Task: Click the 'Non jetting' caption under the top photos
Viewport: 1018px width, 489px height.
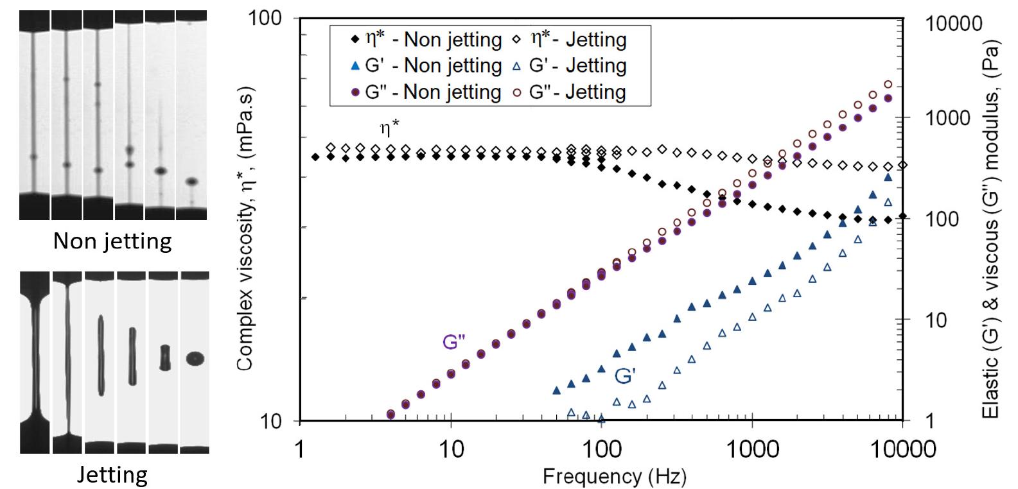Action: (112, 241)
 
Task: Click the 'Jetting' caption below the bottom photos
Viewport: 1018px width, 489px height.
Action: (112, 475)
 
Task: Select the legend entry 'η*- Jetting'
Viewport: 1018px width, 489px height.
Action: (578, 39)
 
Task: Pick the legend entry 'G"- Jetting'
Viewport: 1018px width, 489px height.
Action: (577, 92)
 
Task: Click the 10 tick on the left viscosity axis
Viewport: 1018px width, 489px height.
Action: (273, 420)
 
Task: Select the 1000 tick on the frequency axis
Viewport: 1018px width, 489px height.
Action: (752, 447)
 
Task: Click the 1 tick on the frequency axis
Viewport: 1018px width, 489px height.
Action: (300, 447)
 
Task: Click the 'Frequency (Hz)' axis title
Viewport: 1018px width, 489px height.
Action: (614, 476)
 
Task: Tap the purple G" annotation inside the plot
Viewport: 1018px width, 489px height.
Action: (453, 342)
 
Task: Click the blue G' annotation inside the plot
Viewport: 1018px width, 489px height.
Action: (624, 376)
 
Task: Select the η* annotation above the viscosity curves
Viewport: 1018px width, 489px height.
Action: (389, 128)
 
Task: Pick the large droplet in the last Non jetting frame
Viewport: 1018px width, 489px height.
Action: (191, 182)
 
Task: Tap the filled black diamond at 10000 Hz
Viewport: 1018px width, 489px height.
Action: (902, 216)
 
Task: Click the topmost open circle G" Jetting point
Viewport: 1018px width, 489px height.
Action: (888, 84)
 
